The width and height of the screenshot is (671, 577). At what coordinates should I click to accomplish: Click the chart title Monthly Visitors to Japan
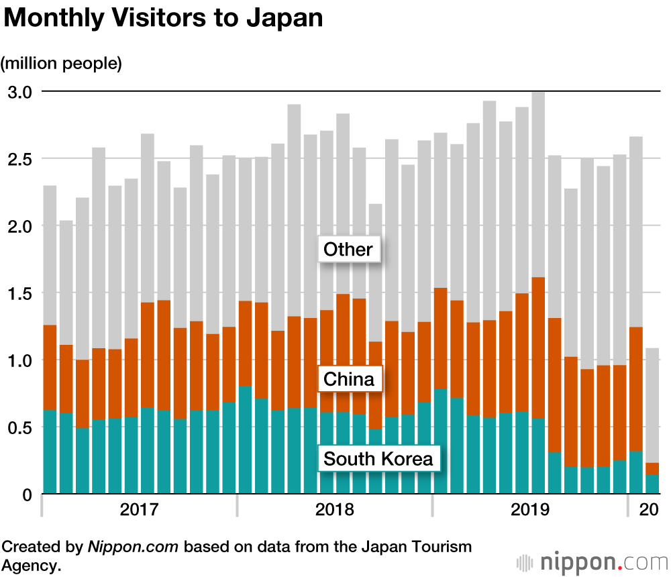point(163,18)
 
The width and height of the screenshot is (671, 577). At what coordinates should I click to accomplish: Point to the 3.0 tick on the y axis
point(20,92)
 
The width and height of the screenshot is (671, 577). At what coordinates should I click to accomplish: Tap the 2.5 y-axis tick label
point(20,159)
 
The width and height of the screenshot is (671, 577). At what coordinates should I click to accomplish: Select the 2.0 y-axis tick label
point(20,226)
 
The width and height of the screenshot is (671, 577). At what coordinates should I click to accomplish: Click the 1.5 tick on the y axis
point(20,293)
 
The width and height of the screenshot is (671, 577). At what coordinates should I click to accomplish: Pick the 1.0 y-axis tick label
point(20,360)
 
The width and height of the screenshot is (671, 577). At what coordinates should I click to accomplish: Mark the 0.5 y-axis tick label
point(20,427)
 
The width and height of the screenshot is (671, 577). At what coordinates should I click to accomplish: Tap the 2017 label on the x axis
point(139,509)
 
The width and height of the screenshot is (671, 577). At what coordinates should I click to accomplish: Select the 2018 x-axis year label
point(334,509)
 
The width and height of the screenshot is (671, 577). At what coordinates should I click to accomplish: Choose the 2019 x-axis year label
point(529,509)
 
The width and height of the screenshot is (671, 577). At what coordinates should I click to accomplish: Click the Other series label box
point(348,250)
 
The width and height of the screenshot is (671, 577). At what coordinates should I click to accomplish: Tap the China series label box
point(349,380)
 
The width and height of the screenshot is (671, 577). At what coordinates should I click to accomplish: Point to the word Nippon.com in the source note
point(133,547)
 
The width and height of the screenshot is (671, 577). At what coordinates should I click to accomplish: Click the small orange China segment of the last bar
point(652,468)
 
